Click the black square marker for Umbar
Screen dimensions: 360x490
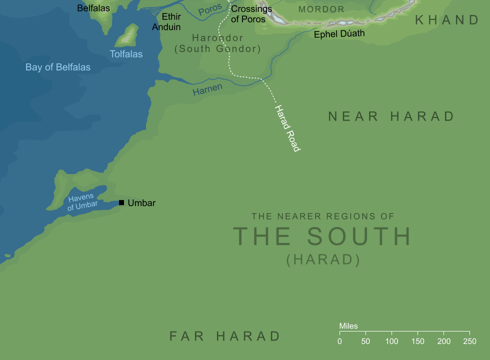point(121,202)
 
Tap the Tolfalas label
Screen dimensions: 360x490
point(126,54)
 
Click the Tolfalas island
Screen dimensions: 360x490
point(127,36)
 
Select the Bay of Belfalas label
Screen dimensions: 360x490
point(58,67)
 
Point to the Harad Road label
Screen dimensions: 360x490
point(287,128)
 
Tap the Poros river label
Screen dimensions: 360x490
point(209,10)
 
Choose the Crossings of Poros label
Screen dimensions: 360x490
point(251,14)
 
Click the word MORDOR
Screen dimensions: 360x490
point(321,9)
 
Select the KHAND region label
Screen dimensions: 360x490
point(447,20)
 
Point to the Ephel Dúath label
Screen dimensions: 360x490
point(339,34)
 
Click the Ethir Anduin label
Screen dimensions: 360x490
point(166,22)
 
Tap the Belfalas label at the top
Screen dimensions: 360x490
point(93,8)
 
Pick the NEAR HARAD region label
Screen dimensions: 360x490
point(391,116)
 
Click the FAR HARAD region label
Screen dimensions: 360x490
point(224,336)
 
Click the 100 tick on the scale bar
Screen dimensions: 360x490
point(391,331)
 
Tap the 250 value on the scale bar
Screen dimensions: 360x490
point(469,341)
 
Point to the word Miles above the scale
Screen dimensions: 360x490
point(348,326)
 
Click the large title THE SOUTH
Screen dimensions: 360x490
point(322,236)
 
